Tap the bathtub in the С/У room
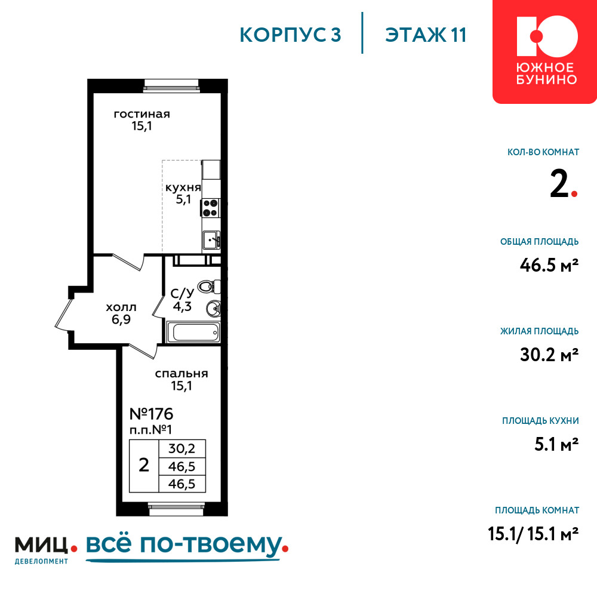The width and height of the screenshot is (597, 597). pos(193,333)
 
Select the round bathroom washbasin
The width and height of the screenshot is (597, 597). pos(213,309)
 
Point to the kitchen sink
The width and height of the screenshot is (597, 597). pos(211,240)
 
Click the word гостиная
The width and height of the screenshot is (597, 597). pos(141,114)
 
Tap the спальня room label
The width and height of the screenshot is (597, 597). pos(181,374)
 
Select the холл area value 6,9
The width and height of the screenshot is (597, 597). pos(121,319)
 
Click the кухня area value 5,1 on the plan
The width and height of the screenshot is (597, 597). pos(183,199)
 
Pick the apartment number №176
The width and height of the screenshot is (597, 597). pos(151,414)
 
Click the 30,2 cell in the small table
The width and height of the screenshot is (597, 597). pos(181,448)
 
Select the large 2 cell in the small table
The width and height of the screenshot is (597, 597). pos(143,466)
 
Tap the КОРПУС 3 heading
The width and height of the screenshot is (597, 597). pos(290,35)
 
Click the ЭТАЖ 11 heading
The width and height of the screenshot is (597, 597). pos(426,35)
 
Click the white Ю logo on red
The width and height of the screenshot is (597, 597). pos(547,36)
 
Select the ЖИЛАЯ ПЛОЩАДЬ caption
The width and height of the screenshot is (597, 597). pos(539,331)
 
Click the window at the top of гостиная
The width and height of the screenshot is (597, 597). pos(171,85)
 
